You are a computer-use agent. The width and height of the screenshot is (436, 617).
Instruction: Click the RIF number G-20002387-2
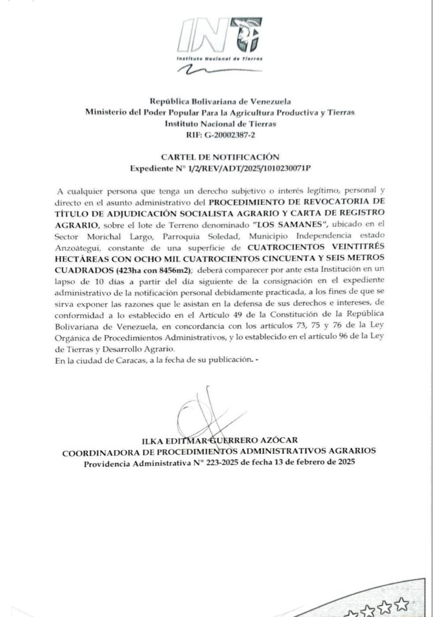[x=229, y=135]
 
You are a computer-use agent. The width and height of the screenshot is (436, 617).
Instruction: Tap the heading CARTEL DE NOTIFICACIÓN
[x=220, y=157]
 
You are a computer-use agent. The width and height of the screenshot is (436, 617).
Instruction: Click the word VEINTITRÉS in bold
[x=357, y=246]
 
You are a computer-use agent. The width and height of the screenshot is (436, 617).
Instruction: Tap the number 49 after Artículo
[x=245, y=314]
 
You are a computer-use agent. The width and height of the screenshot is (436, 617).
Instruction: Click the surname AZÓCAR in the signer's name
[x=279, y=440]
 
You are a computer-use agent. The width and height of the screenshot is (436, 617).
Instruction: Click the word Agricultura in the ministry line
[x=238, y=112]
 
